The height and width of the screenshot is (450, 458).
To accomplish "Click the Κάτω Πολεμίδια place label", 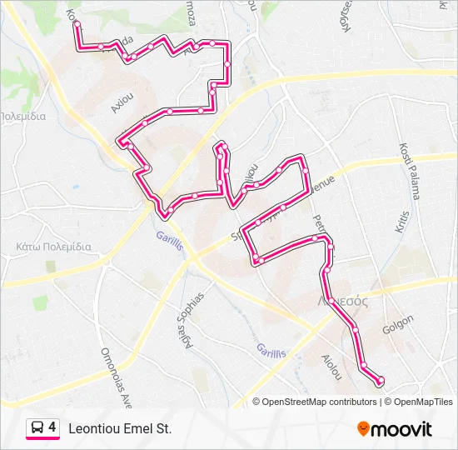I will coord(53,247).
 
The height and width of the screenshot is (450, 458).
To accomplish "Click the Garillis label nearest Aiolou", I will coord(271,351).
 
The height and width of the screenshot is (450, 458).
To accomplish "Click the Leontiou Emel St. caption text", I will coord(120,428).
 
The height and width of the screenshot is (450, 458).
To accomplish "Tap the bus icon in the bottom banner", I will coord(38,427).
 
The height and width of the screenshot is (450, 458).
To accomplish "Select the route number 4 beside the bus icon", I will coord(52,427).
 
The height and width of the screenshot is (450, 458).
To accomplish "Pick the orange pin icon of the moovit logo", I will coord(363,428).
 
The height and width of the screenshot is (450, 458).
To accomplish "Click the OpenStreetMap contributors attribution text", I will coord(319,402).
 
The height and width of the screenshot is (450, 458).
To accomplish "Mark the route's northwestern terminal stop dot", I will coord(77,25).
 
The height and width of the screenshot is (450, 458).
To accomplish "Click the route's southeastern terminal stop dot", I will coord(381,381).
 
